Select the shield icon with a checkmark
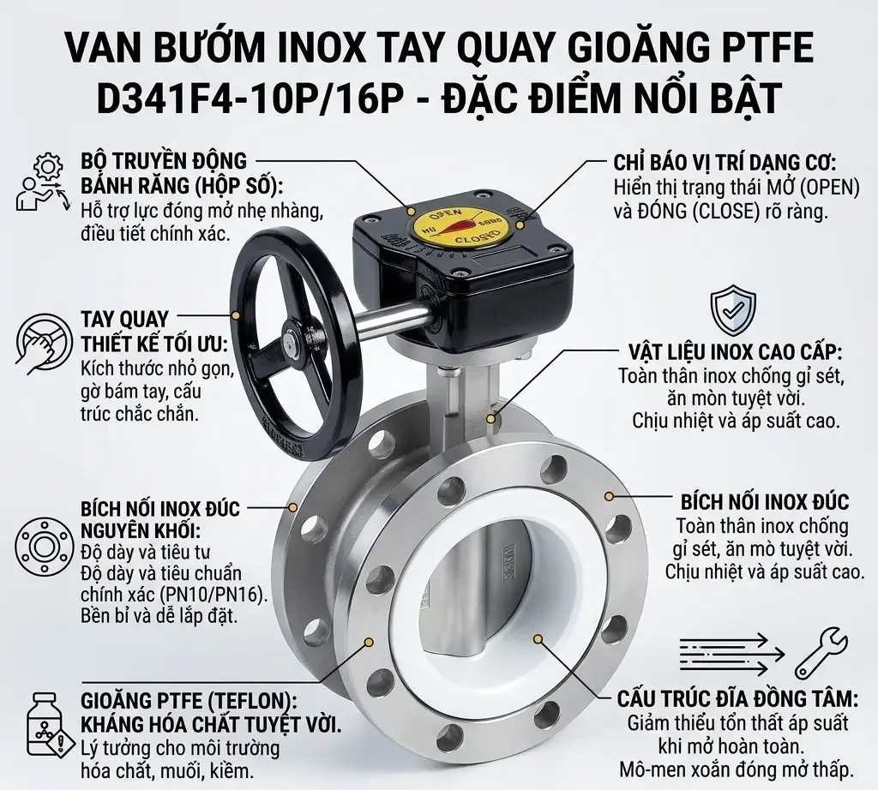[x=733, y=311]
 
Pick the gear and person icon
[x=41, y=181]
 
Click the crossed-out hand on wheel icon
[x=40, y=340]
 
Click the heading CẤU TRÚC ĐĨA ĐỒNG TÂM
[x=737, y=698]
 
